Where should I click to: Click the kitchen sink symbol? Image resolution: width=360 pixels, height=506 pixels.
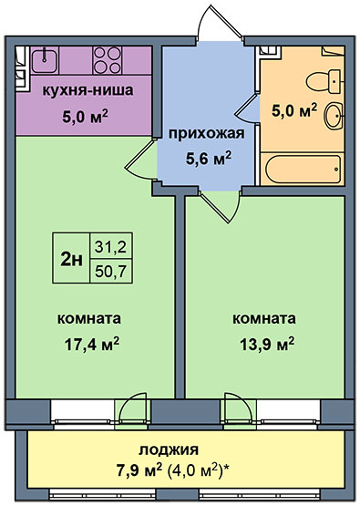(x=44, y=60)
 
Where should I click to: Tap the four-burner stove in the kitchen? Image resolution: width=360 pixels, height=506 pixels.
(x=108, y=60)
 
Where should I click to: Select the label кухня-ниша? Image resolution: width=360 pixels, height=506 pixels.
(x=87, y=90)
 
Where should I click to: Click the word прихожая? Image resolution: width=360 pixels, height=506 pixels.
(x=207, y=134)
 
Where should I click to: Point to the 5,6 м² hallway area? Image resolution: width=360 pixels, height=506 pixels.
(x=209, y=158)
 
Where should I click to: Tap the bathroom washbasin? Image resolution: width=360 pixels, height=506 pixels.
(x=334, y=116)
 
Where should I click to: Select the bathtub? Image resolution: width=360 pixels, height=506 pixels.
(x=303, y=169)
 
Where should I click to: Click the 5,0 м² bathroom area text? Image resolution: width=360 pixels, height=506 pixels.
(x=293, y=110)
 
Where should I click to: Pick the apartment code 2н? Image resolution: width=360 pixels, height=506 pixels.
(x=71, y=259)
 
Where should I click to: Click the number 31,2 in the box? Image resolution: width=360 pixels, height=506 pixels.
(x=110, y=246)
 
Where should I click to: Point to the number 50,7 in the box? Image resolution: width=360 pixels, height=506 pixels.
(x=110, y=272)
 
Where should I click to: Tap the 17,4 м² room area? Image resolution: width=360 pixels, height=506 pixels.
(x=92, y=344)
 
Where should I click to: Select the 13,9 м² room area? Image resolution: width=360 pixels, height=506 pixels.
(x=267, y=344)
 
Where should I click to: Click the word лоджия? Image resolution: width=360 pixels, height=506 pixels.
(x=169, y=450)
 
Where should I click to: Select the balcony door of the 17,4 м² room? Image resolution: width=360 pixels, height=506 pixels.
(x=132, y=409)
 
